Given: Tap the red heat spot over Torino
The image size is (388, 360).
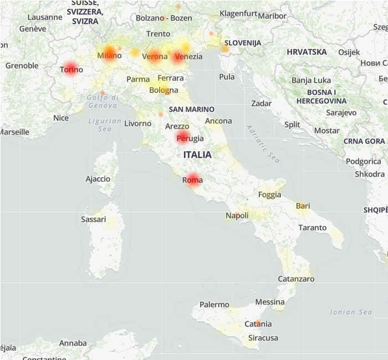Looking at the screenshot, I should coord(70,69).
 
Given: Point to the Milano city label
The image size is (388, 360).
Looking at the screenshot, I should coord(109,55).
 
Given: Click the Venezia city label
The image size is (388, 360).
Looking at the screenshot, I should coord(188,56).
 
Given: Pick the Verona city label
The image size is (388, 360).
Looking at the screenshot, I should coord(155,56).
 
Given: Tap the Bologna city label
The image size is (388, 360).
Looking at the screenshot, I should coord(164,90).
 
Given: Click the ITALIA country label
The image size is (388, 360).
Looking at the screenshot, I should coord(197,155).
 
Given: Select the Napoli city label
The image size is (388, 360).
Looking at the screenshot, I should coord(237,215).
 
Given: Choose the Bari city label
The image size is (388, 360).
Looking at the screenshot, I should coord(303,206).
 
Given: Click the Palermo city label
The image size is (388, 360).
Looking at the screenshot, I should coord(214,305).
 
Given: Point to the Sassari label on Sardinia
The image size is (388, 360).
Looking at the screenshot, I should coord(93,219).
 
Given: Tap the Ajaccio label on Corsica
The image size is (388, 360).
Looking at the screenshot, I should coord(98,179).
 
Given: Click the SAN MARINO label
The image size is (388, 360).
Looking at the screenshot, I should coord(192,109).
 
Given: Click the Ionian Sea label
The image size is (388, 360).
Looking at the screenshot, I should coord(351,312).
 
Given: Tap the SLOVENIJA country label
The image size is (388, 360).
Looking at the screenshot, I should coord(243,43).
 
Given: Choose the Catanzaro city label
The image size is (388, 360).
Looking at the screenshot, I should coord(296,279).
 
